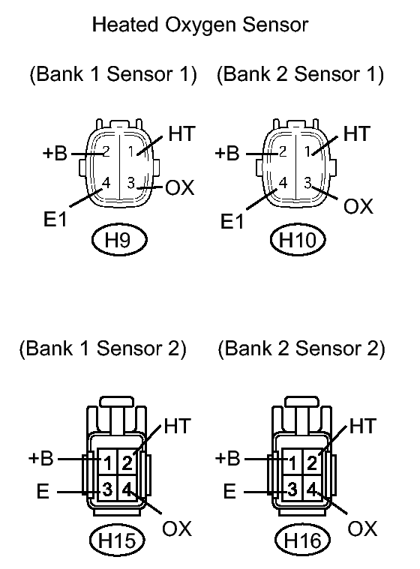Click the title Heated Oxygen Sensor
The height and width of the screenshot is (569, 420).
coord(199,25)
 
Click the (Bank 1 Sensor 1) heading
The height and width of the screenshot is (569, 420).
coord(112,74)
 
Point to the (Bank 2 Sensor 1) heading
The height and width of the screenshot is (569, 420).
coord(300,74)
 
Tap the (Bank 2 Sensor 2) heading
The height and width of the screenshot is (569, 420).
coord(301,349)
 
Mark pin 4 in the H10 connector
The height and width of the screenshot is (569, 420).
coord(283,182)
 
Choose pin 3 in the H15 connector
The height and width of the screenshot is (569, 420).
coord(107,491)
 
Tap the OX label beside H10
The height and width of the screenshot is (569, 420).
coord(358,206)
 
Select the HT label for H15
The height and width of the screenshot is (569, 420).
coord(177,427)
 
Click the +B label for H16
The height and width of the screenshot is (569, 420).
coord(228,458)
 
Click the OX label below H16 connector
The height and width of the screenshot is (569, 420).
coord(362,529)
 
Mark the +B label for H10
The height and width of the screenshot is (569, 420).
coord(227,154)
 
